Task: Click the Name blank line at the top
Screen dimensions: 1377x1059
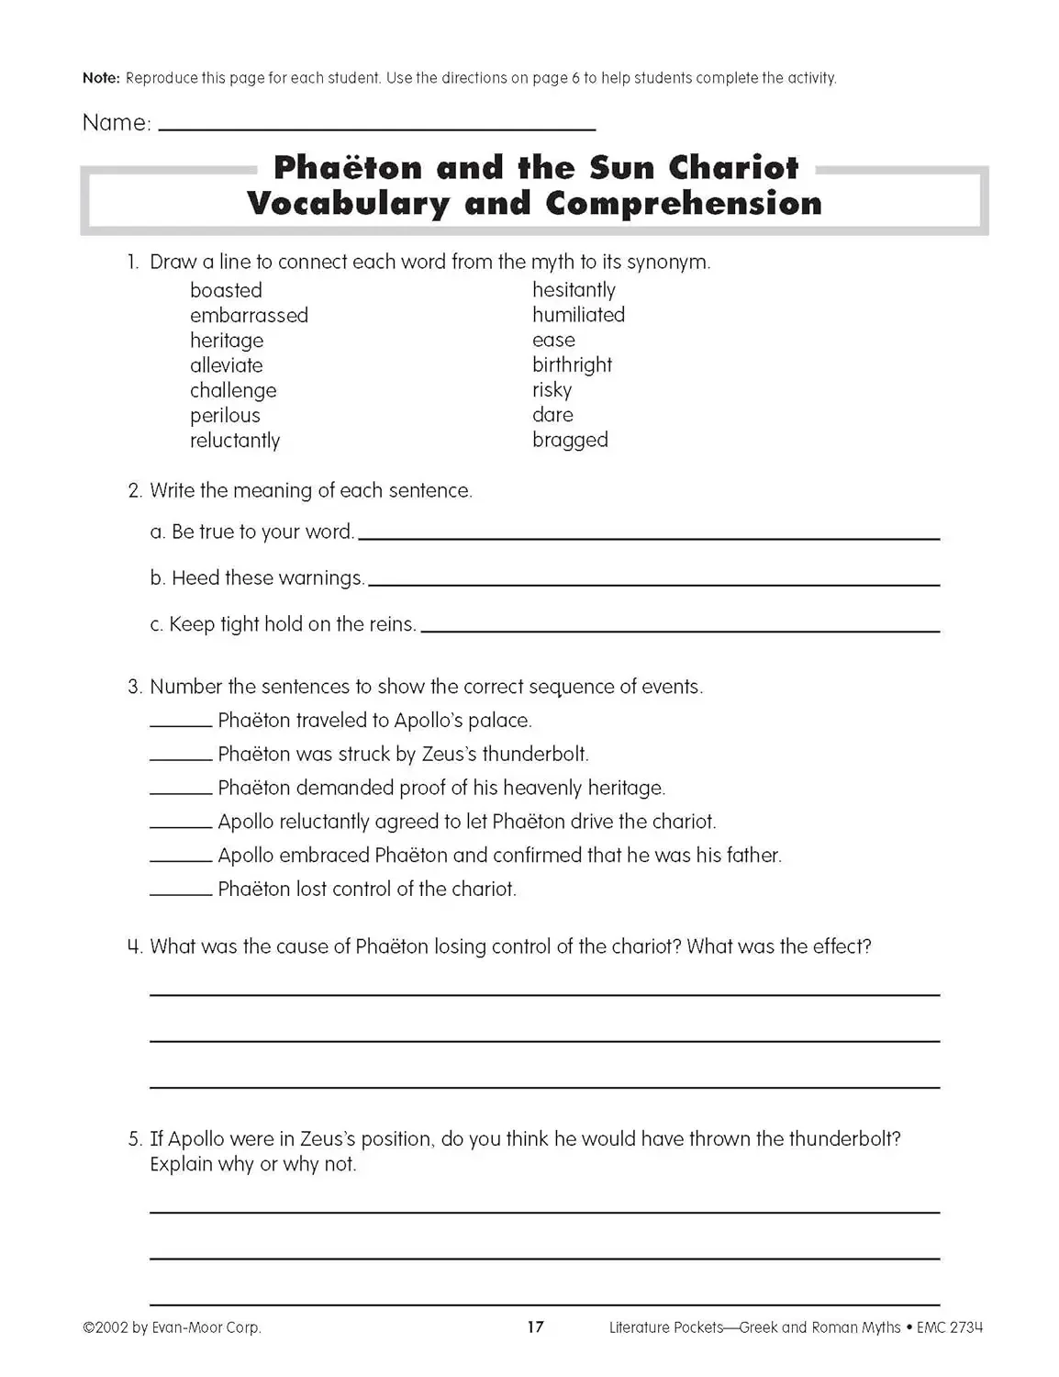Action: pyautogui.click(x=376, y=128)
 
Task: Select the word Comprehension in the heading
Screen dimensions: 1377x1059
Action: pyautogui.click(x=684, y=204)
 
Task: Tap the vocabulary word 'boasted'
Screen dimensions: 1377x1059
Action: pyautogui.click(x=226, y=291)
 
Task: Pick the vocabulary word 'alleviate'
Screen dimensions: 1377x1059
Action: pyautogui.click(x=226, y=365)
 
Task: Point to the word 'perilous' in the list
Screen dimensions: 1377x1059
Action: pyautogui.click(x=225, y=416)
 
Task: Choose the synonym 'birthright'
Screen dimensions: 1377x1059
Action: pyautogui.click(x=572, y=365)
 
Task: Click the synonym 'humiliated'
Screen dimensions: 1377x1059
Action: pyautogui.click(x=578, y=315)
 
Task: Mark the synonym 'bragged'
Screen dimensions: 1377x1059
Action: pyautogui.click(x=570, y=441)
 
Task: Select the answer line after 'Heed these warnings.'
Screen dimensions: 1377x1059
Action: pyautogui.click(x=653, y=583)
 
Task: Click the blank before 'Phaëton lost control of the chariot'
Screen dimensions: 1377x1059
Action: pyautogui.click(x=181, y=893)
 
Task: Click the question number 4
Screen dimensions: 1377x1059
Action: pyautogui.click(x=135, y=946)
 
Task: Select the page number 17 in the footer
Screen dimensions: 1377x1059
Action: pyautogui.click(x=536, y=1327)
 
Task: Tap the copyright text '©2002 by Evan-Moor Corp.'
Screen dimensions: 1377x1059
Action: pyautogui.click(x=172, y=1327)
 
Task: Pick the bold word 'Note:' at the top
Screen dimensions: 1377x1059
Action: pyautogui.click(x=101, y=78)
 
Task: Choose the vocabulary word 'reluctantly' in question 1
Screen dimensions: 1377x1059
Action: pyautogui.click(x=235, y=441)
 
